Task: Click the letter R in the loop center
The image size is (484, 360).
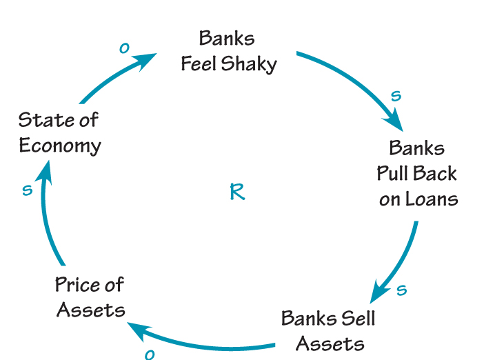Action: click(x=236, y=192)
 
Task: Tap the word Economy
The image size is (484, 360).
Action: click(x=60, y=147)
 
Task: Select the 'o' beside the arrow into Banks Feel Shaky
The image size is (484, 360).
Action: click(x=124, y=48)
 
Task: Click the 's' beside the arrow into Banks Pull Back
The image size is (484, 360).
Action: click(x=396, y=96)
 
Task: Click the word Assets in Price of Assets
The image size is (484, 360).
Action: click(x=91, y=310)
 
